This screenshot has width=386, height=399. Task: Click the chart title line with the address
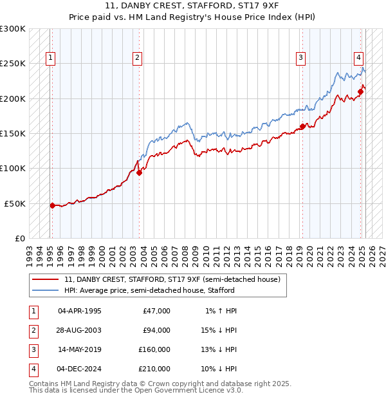tap(192, 7)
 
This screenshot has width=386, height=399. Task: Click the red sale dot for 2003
tap(140, 172)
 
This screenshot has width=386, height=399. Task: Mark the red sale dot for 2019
tap(302, 126)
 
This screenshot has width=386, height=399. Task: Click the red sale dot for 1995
tap(52, 205)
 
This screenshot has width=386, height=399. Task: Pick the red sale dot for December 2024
tap(360, 91)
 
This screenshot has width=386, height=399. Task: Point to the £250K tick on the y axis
tap(13, 64)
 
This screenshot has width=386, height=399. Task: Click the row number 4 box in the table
tap(32, 369)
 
